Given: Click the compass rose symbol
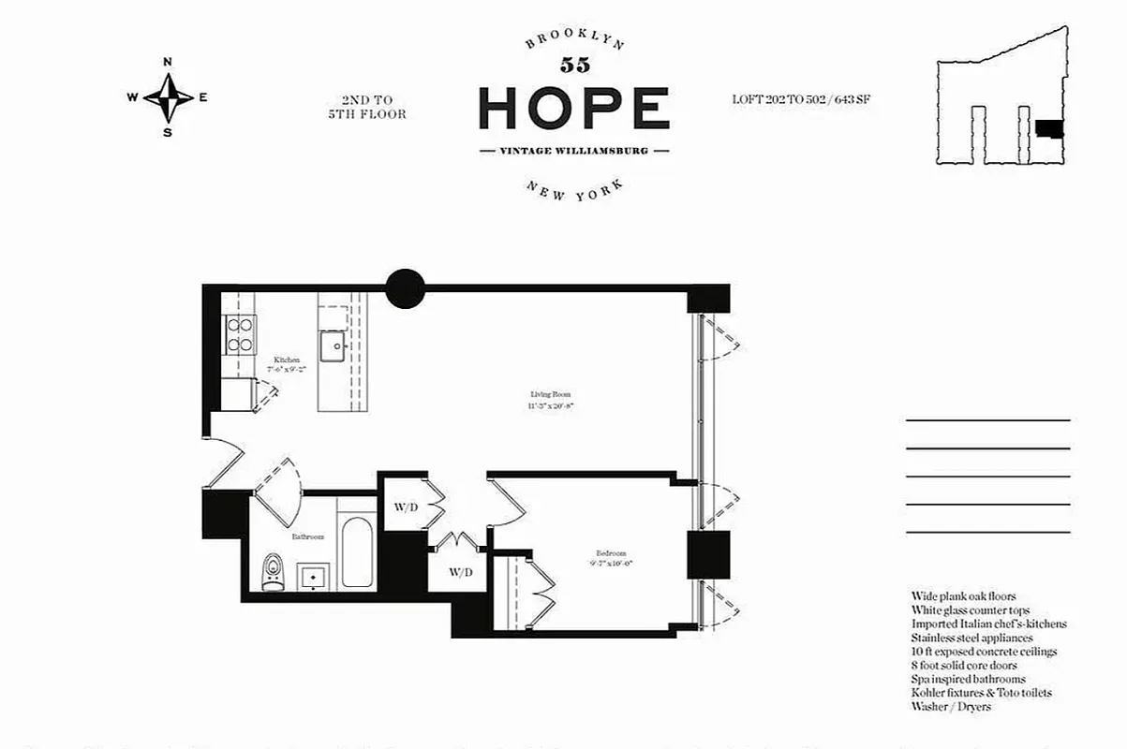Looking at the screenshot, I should (169, 97).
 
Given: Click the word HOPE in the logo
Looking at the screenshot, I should (573, 108).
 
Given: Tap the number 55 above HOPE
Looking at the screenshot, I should (574, 65).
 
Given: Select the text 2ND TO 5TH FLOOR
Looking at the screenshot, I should (366, 107).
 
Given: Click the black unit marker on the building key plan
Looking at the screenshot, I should (1049, 129).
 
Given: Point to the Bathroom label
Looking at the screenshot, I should (307, 536).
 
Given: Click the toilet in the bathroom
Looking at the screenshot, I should (273, 570).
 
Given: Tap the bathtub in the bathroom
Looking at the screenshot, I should (357, 552).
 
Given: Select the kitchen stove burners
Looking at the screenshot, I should (240, 334).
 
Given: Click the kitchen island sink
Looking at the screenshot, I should (333, 347).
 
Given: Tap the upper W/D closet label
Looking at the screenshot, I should (406, 507).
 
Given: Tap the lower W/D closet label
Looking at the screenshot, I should (460, 571).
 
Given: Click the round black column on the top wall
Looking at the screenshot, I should (406, 288).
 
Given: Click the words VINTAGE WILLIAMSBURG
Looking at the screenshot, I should (574, 151).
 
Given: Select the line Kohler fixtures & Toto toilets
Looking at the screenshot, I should (981, 693).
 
